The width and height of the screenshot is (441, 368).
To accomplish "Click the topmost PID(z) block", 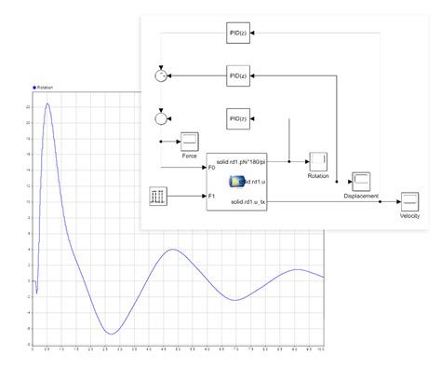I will point(236,34).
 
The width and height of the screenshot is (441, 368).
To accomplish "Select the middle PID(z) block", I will point(236,75).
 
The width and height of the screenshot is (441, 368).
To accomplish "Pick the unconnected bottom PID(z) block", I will point(236,117).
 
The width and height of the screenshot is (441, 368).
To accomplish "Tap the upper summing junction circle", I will point(160,75).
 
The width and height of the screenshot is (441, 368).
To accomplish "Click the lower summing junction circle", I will point(160,118).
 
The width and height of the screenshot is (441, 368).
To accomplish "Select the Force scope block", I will point(189,142).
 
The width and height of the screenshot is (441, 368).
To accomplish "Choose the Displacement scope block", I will point(360,182).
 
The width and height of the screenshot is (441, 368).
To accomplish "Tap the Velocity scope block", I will point(410,201).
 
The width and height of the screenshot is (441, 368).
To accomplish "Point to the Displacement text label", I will point(360,197).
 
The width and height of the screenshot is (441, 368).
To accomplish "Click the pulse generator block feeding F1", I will point(158,196).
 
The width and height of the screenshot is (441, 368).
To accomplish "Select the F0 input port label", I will point(211,168).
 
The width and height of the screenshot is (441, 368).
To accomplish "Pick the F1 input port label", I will point(211,197).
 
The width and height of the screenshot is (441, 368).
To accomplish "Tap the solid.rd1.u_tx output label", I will point(248,201).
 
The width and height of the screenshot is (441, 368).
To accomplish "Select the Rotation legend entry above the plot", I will point(43,88).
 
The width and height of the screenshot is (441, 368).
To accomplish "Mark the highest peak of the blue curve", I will point(47,104).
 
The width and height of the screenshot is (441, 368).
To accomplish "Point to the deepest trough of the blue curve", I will point(111,333).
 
